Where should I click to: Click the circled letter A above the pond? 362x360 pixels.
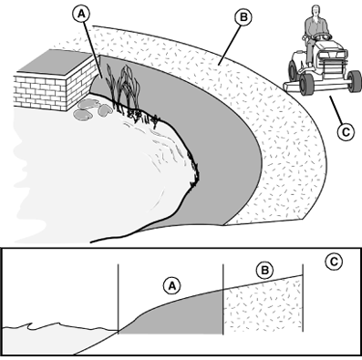pos(81,14)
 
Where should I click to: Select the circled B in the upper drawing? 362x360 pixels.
pos(243,17)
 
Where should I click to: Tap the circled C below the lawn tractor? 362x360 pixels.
pos(346,132)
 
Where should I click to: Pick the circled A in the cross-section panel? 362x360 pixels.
pos(172,286)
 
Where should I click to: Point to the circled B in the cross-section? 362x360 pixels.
pos(264,270)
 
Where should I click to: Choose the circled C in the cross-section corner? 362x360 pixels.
pos(334,262)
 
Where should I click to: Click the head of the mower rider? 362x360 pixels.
pos(316,10)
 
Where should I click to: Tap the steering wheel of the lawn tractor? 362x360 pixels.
pos(323,37)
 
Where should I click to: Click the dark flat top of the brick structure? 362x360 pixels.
pos(55,62)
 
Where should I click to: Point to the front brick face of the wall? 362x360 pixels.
pos(40,92)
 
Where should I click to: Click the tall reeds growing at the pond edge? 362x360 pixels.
pos(123,88)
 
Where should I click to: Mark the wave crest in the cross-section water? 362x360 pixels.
pos(30,325)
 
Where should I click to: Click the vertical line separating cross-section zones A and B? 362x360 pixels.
pos(223,299)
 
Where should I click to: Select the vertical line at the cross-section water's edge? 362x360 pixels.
pos(118,298)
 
